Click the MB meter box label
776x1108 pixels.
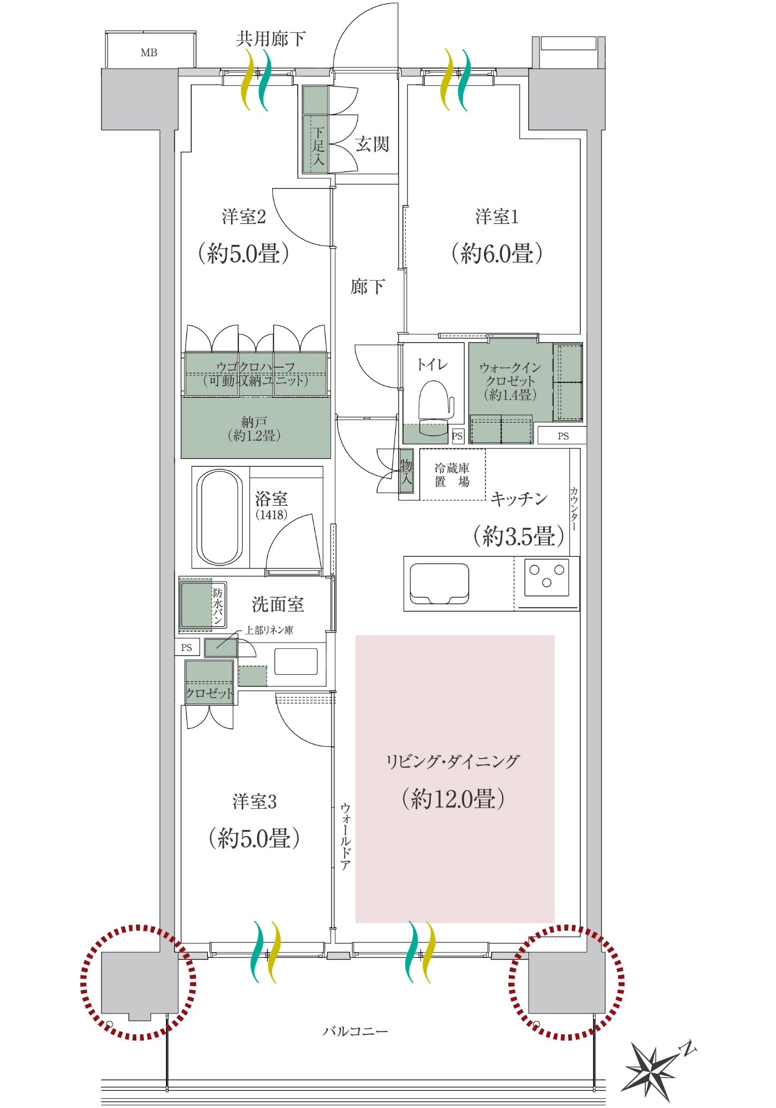pos(149,53)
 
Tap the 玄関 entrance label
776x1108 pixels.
pos(372,144)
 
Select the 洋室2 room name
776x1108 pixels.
pos(244,216)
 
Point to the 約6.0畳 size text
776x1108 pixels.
pos(497,253)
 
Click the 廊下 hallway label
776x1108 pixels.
pos(367,286)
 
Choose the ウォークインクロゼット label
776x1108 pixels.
pos(510,381)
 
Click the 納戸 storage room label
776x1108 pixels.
pos(254,429)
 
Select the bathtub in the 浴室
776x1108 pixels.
pos(220,517)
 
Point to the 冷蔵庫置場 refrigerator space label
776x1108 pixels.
pos(452,475)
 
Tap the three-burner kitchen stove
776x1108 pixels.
pos(547,577)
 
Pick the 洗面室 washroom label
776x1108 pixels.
pos(278,604)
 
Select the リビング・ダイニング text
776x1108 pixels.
pos(453,761)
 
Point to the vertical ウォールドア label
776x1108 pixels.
pos(345,836)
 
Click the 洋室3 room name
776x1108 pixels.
pos(254,801)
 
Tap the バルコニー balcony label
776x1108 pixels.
pos(355,1031)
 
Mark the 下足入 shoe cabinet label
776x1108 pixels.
pos(318,146)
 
